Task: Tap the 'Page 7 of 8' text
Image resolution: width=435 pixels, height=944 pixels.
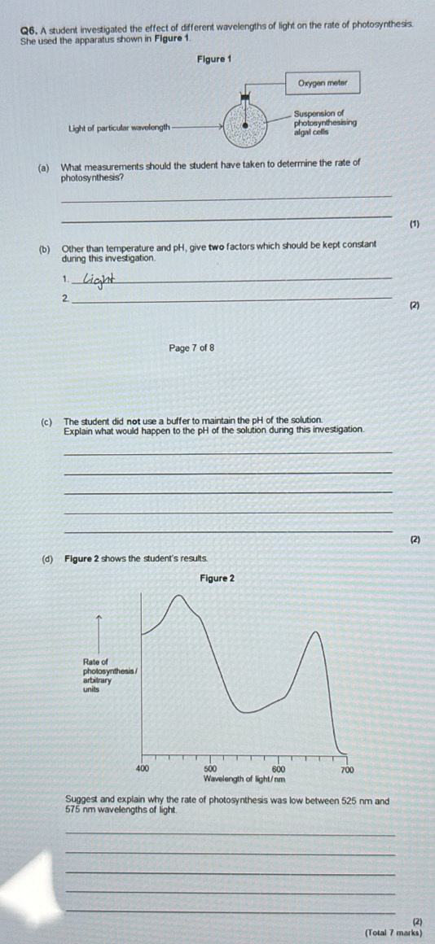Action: pyautogui.click(x=191, y=348)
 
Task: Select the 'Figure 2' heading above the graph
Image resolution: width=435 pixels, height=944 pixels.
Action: pyautogui.click(x=217, y=578)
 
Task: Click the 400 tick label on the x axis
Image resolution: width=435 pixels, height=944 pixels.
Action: pyautogui.click(x=142, y=768)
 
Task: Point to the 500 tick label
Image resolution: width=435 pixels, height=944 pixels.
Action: pyautogui.click(x=209, y=768)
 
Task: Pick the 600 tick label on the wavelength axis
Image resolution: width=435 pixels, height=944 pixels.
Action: pyautogui.click(x=278, y=768)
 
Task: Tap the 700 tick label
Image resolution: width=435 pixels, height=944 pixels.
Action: pyautogui.click(x=346, y=768)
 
